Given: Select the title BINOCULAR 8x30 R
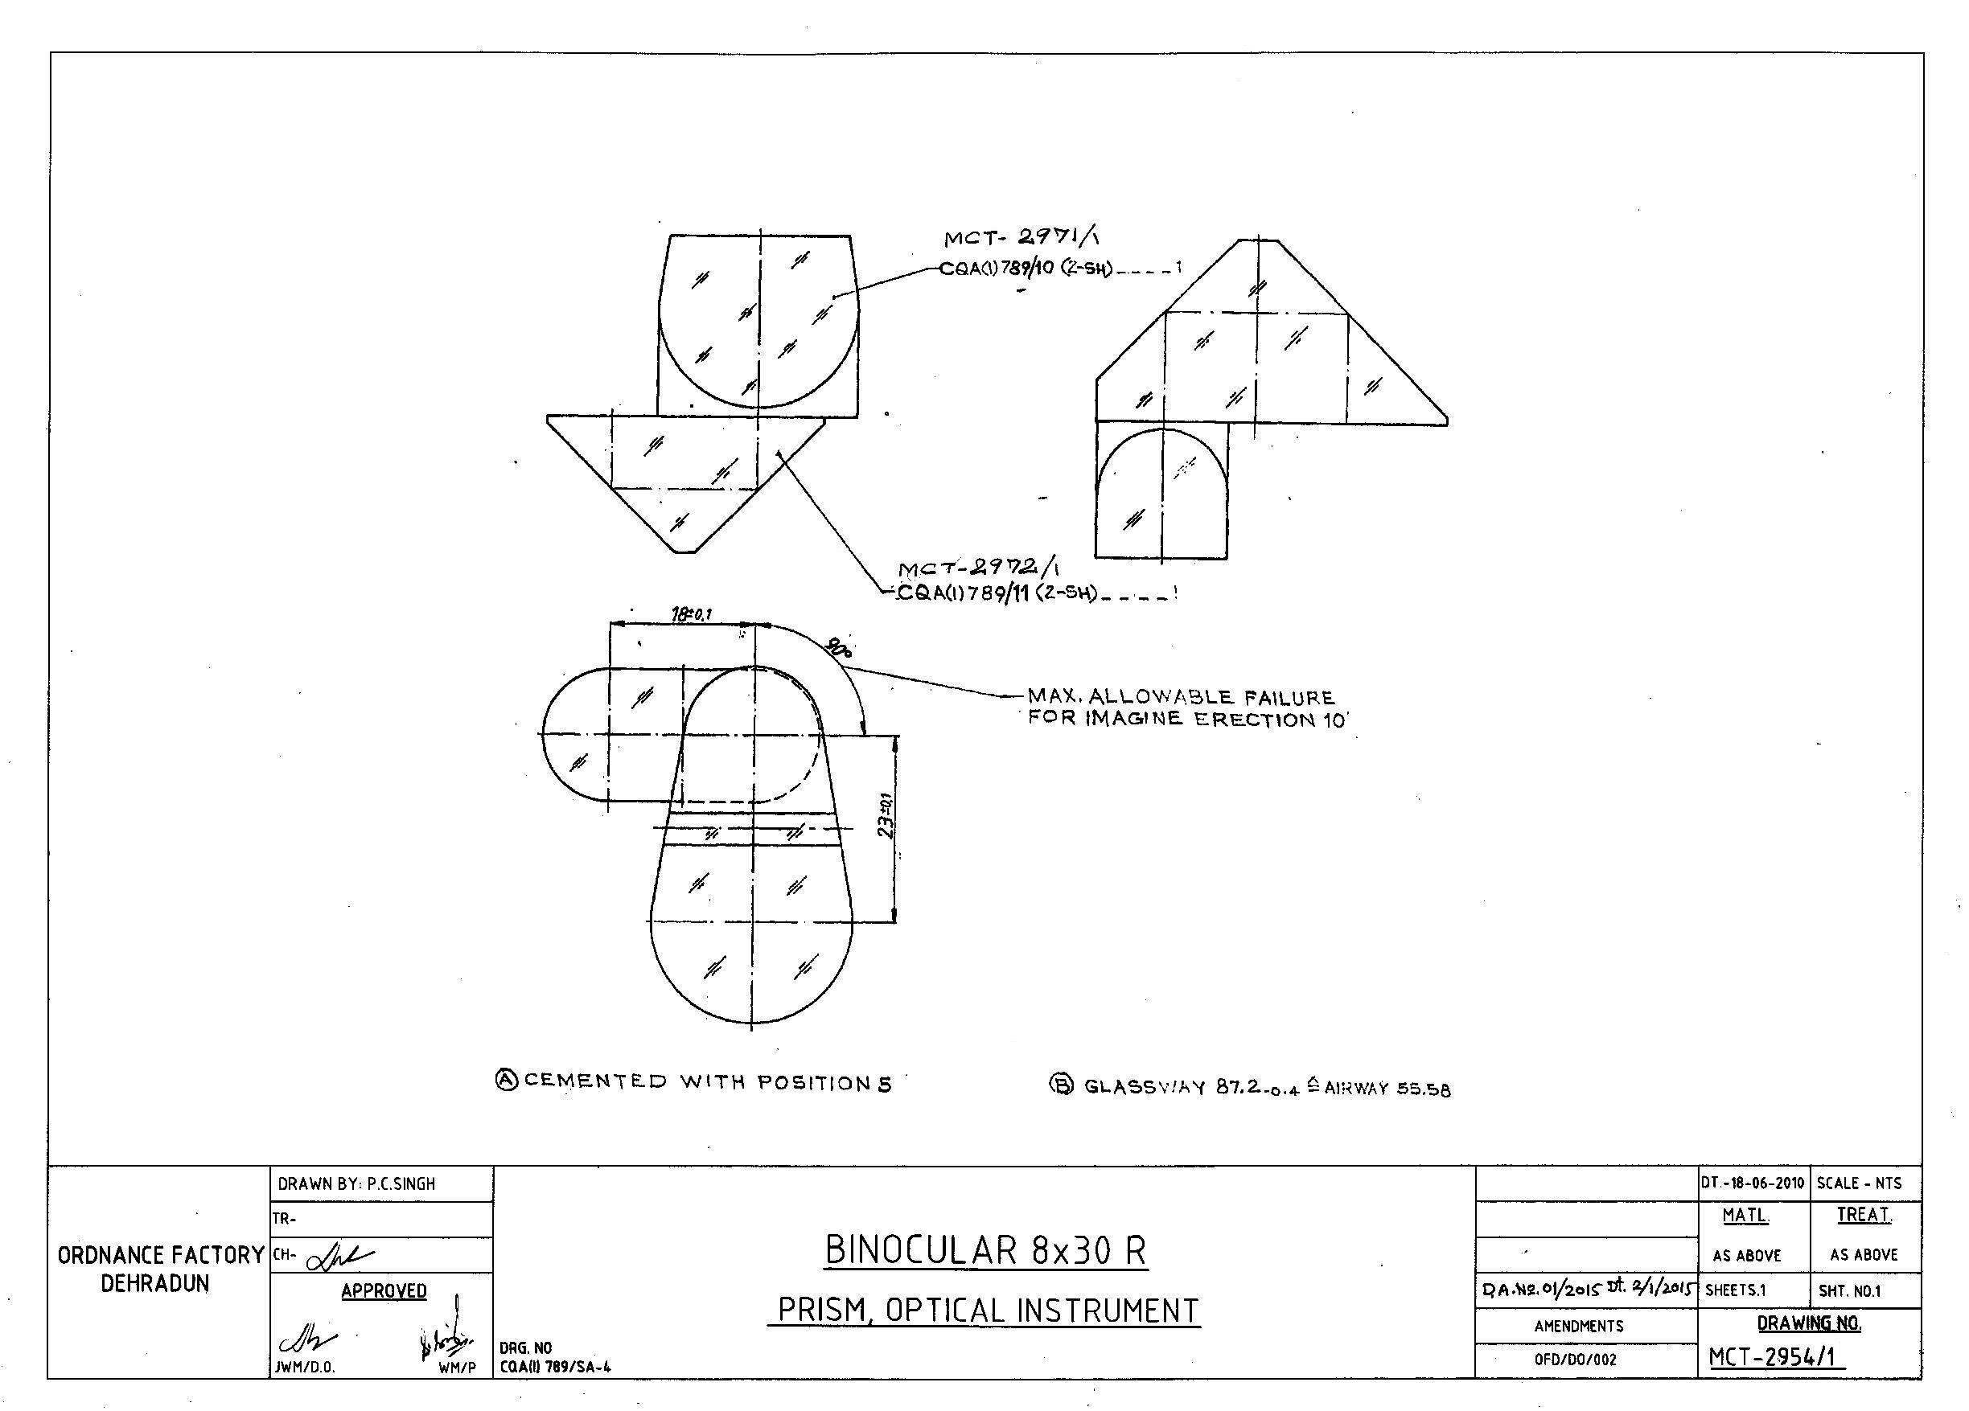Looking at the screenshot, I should coord(985,1250).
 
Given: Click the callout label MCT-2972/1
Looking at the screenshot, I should coord(978,569).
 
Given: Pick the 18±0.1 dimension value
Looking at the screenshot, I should coord(691,614).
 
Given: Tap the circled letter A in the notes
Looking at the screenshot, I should coord(506,1080).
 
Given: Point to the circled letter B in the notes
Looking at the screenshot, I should coord(1062,1084).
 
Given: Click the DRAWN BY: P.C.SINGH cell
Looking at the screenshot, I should coord(356,1184).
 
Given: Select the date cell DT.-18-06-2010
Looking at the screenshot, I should coord(1753,1183).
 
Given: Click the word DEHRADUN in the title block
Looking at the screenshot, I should coord(155,1284).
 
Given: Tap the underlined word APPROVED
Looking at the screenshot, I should coord(384,1291).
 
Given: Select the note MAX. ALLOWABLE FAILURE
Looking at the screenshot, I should coord(1181,698).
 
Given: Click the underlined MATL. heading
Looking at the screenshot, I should coord(1746,1216).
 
